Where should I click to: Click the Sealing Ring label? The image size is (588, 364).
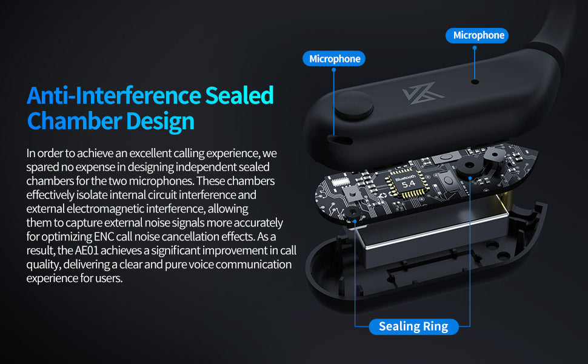tap(413, 326)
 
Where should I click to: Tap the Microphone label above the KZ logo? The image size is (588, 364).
tap(477, 35)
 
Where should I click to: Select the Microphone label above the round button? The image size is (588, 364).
tap(334, 58)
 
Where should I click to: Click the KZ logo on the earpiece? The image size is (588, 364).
tap(423, 93)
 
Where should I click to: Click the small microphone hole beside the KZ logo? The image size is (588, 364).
tap(475, 81)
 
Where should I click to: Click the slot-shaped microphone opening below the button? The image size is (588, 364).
tap(340, 140)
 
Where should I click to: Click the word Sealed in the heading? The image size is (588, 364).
tap(239, 95)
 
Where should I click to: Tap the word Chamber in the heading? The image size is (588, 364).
tap(74, 121)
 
